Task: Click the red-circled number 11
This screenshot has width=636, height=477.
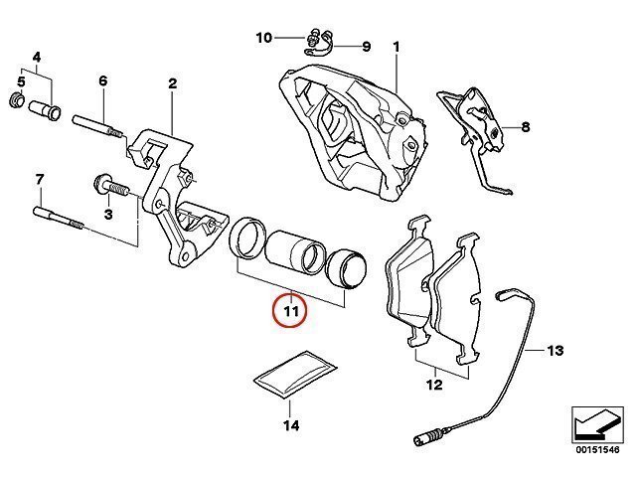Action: pyautogui.click(x=291, y=311)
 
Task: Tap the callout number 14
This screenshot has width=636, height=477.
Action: pyautogui.click(x=291, y=425)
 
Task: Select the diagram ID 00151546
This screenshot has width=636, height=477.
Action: pyautogui.click(x=597, y=450)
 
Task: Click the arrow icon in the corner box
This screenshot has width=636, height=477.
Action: pyautogui.click(x=597, y=424)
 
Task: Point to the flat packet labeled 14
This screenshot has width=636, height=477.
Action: pyautogui.click(x=295, y=376)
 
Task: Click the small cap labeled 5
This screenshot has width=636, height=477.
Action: pyautogui.click(x=17, y=99)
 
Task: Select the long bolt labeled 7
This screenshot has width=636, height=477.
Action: pyautogui.click(x=59, y=218)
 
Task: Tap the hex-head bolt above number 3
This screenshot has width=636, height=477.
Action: pyautogui.click(x=110, y=187)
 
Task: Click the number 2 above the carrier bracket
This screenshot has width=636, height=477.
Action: pyautogui.click(x=172, y=83)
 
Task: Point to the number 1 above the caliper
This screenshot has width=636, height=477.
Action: pyautogui.click(x=396, y=47)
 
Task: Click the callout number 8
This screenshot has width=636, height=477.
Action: pyautogui.click(x=526, y=127)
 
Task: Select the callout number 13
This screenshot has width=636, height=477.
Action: pyautogui.click(x=555, y=350)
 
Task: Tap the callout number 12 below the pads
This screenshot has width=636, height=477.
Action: pyautogui.click(x=434, y=385)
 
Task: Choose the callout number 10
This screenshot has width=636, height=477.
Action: pyautogui.click(x=263, y=38)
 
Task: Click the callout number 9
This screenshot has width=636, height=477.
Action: pyautogui.click(x=367, y=47)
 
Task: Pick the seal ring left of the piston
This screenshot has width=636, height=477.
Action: pyautogui.click(x=247, y=238)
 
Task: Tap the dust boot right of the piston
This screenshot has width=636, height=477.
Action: pyautogui.click(x=347, y=269)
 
